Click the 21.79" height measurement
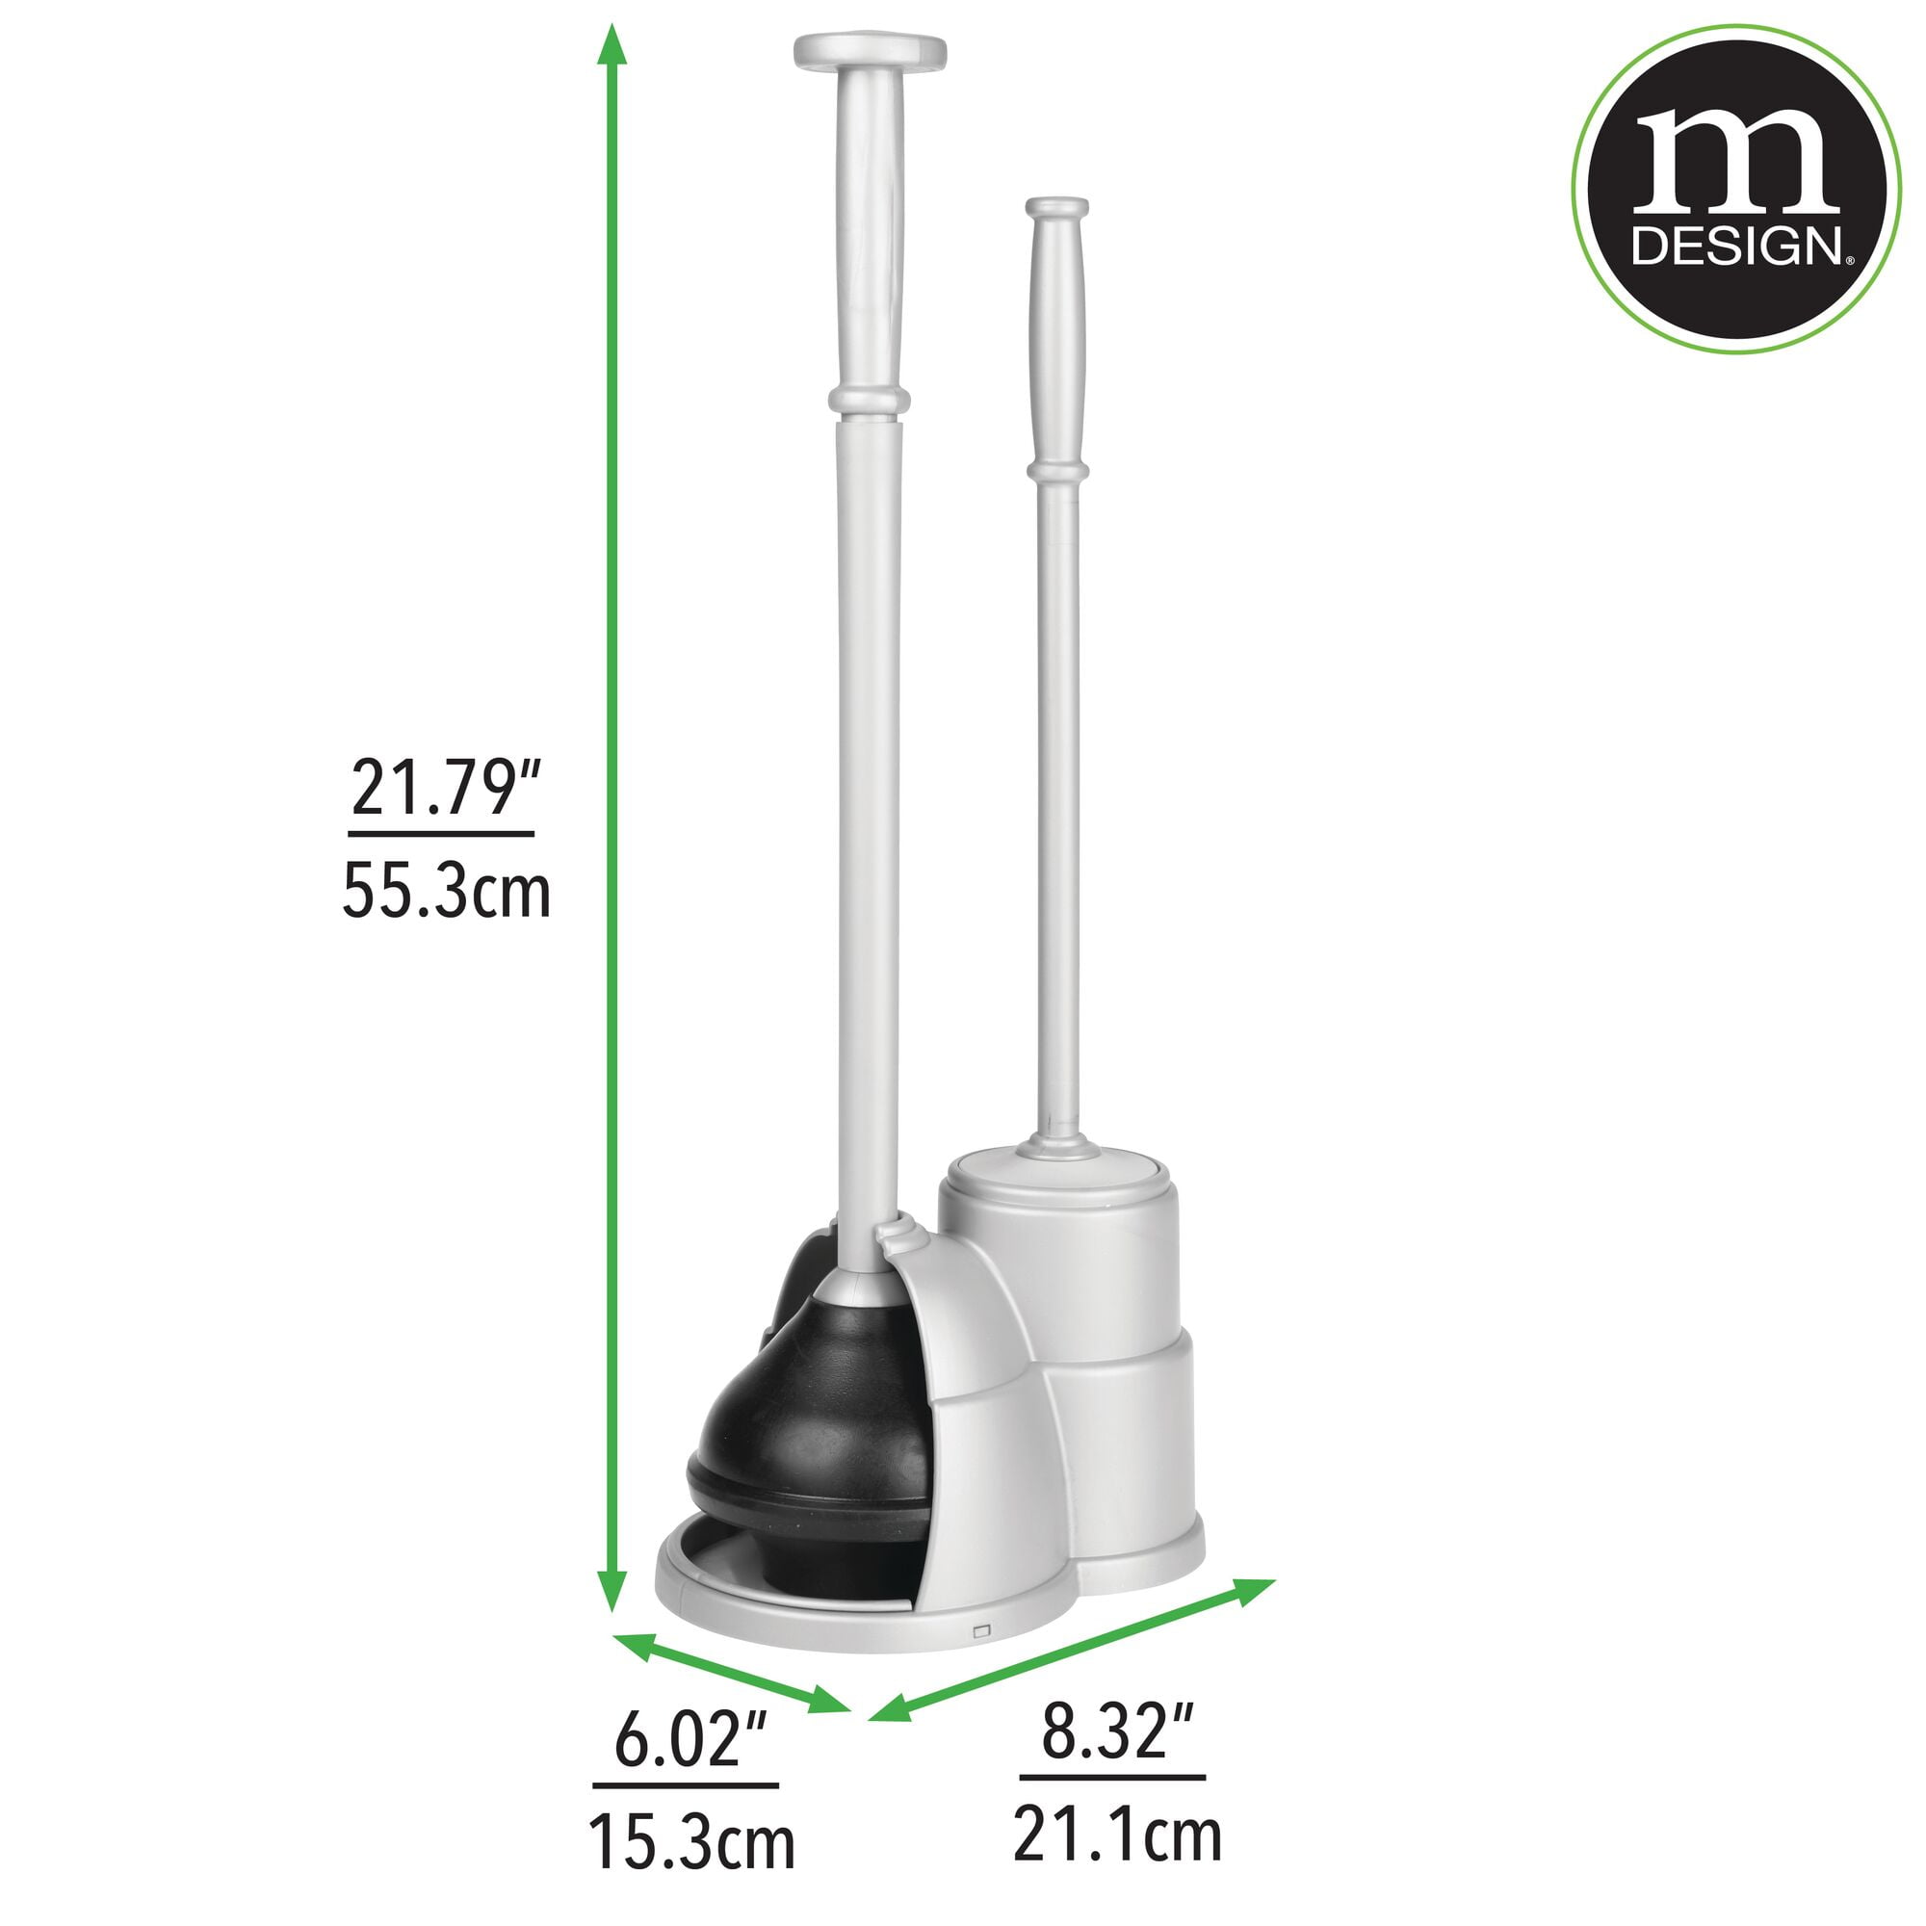(x=444, y=789)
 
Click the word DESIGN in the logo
(x=1735, y=247)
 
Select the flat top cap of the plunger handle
(x=870, y=51)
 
